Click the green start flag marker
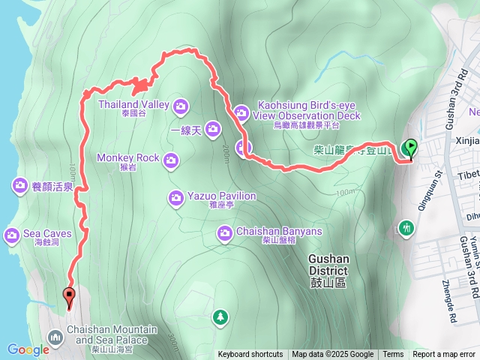pyautogui.click(x=410, y=148)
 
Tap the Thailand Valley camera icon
pyautogui.click(x=181, y=105)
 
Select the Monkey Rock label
pyautogui.click(x=127, y=158)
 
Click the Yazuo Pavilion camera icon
pyautogui.click(x=175, y=198)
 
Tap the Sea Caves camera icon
pyautogui.click(x=12, y=235)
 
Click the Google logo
pyautogui.click(x=28, y=349)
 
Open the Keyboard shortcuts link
pyautogui.click(x=250, y=355)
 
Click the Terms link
pyautogui.click(x=393, y=355)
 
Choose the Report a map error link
pyautogui.click(x=444, y=355)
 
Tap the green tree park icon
pyautogui.click(x=220, y=317)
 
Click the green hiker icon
pyautogui.click(x=407, y=226)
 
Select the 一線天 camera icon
pyautogui.click(x=213, y=130)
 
